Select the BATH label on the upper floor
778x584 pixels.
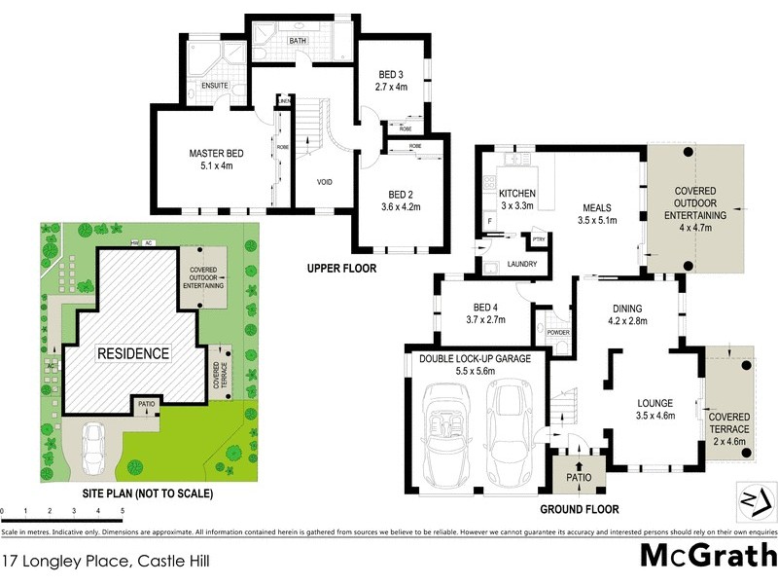[298, 41]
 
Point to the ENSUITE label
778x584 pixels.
[214, 86]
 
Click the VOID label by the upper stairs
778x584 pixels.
[326, 182]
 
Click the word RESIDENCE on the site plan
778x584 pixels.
[132, 353]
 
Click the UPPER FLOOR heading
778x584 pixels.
[340, 268]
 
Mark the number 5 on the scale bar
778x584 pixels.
[123, 510]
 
